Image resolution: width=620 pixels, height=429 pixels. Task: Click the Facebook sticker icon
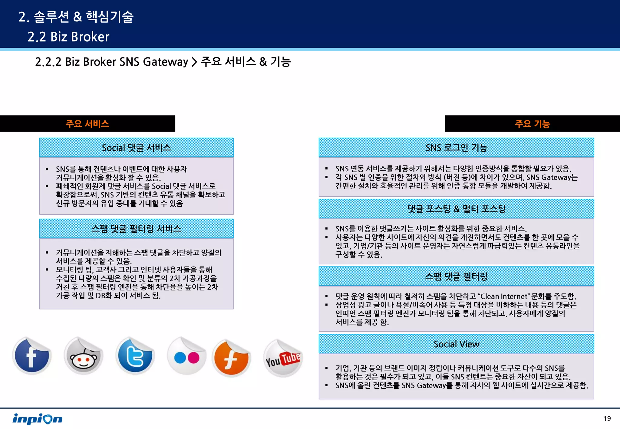(32, 356)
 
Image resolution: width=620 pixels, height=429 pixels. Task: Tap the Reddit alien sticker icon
(84, 356)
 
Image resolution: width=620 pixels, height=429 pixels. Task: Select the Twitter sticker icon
(135, 356)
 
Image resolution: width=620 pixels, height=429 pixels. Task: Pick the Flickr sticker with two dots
(187, 356)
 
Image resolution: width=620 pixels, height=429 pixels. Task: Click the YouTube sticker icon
(283, 358)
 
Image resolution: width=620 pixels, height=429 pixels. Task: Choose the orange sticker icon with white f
(231, 358)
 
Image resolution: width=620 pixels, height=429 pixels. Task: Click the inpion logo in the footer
(37, 419)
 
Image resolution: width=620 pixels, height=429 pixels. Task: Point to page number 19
(607, 418)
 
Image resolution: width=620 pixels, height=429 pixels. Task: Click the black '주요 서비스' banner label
(87, 124)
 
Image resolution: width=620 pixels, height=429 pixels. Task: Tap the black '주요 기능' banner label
(532, 124)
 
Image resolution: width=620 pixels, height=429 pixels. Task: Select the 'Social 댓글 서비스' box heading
(136, 148)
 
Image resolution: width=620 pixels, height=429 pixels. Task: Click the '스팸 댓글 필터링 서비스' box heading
(136, 229)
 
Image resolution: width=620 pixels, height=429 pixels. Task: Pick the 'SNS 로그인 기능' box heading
(456, 148)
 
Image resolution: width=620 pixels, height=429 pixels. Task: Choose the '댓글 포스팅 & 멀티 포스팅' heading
(456, 209)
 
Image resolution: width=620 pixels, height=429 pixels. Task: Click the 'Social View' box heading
(456, 344)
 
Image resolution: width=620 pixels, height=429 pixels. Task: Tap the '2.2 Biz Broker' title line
(68, 37)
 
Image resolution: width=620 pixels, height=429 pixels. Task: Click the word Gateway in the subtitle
(165, 62)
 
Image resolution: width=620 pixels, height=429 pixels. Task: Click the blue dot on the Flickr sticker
(180, 358)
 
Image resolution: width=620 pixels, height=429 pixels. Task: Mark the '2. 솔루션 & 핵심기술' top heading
(76, 17)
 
